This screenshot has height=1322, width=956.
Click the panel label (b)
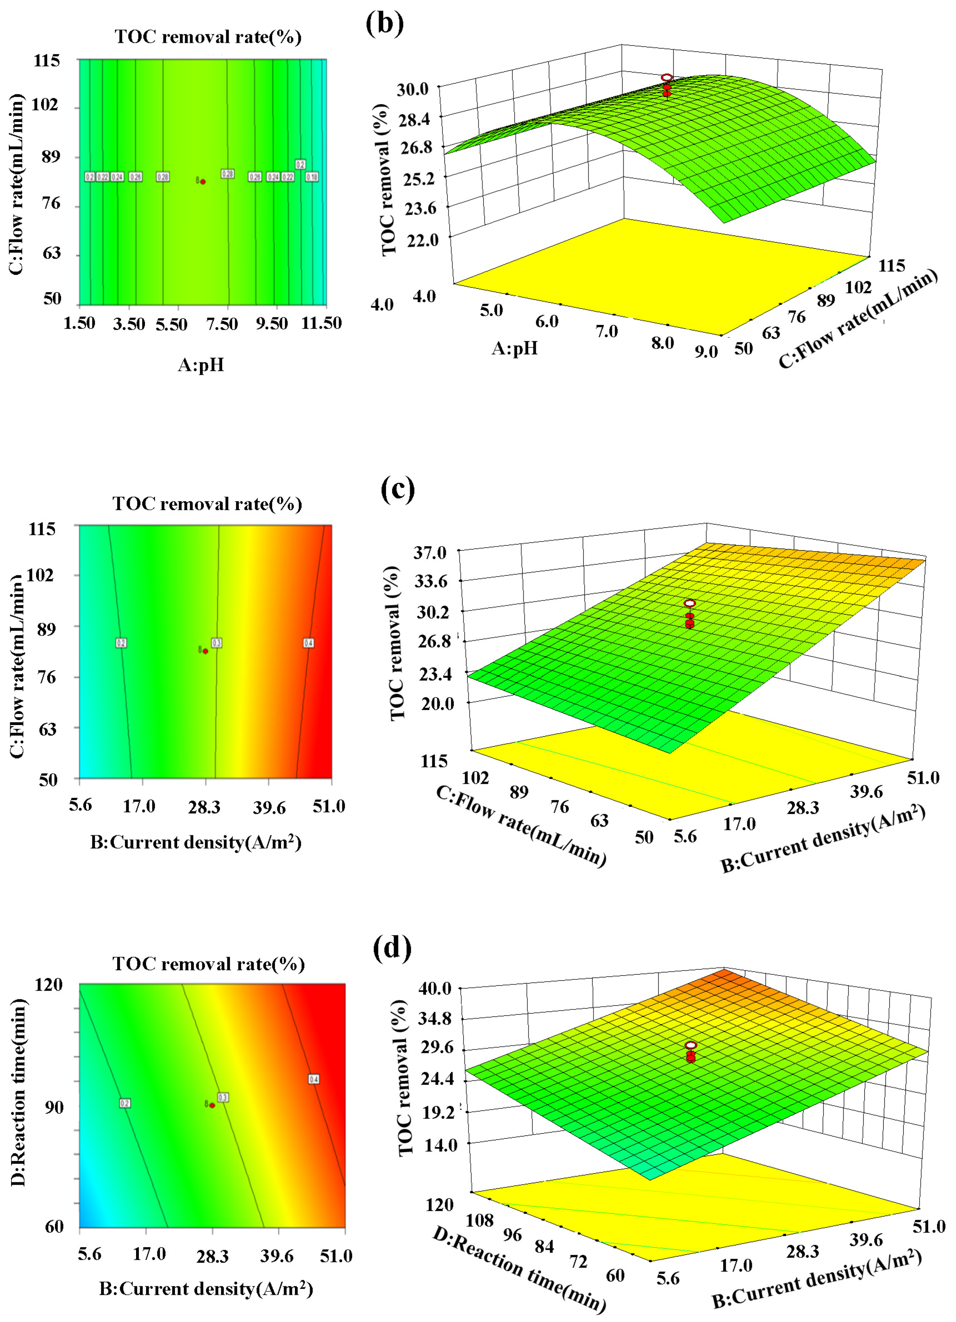coord(385,23)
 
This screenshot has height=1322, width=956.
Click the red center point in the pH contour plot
coord(203,182)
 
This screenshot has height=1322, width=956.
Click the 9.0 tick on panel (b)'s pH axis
coord(706,351)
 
